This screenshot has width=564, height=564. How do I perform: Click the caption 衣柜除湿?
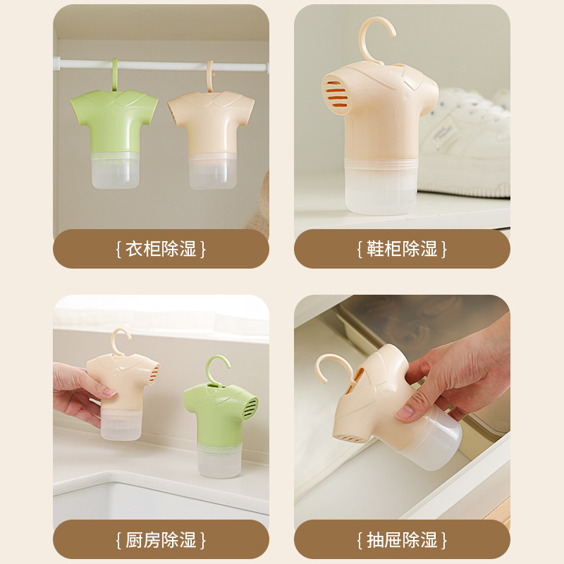tap(161, 249)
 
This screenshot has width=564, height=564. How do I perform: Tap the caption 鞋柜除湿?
tap(402, 249)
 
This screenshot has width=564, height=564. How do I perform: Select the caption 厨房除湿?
tap(161, 540)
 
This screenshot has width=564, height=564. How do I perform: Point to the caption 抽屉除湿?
tap(402, 540)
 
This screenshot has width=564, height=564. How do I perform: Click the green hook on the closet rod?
tap(115, 75)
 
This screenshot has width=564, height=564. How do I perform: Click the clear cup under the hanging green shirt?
tap(115, 171)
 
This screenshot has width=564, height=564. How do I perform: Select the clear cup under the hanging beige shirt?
tap(212, 171)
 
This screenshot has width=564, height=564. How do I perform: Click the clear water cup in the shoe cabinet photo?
tap(381, 185)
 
